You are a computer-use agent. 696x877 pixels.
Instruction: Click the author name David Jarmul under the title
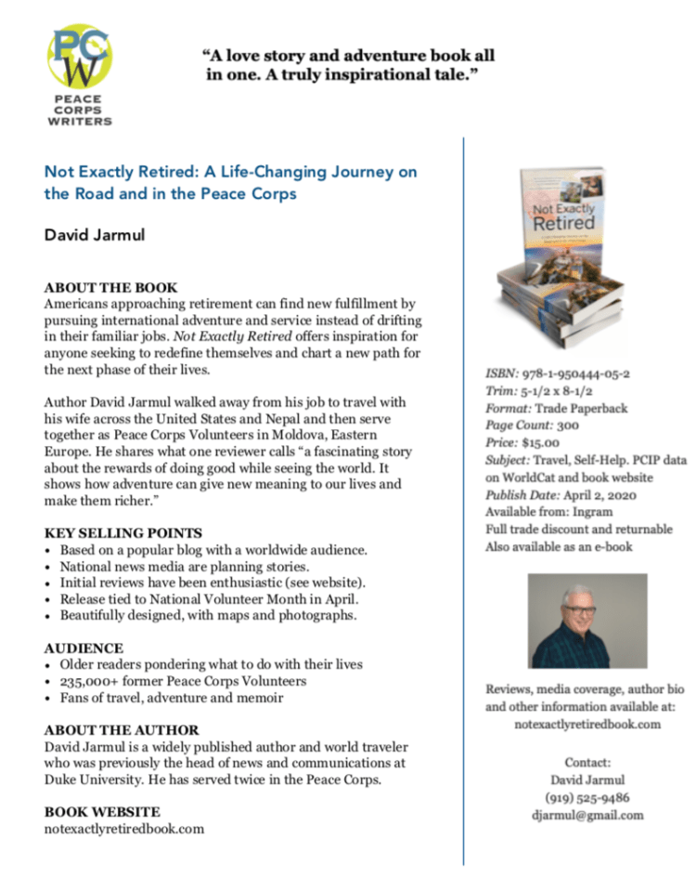[95, 234]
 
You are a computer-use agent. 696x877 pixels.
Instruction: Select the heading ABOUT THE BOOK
[111, 287]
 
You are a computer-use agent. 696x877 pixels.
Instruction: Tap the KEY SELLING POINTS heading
[123, 533]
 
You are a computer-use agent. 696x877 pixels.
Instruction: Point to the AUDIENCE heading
[84, 648]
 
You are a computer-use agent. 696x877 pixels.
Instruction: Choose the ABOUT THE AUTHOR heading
[122, 730]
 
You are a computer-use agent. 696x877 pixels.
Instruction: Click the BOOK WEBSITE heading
[102, 812]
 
